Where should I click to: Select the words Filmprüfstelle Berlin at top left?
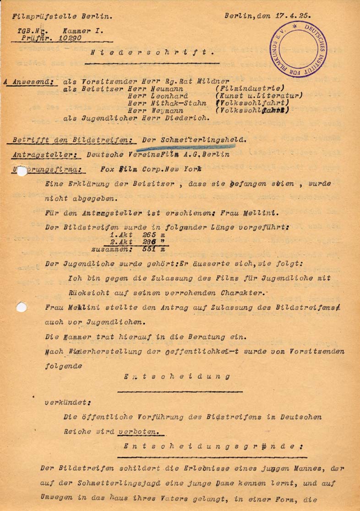click(63, 16)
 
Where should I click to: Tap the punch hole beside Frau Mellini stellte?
click(21, 307)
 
